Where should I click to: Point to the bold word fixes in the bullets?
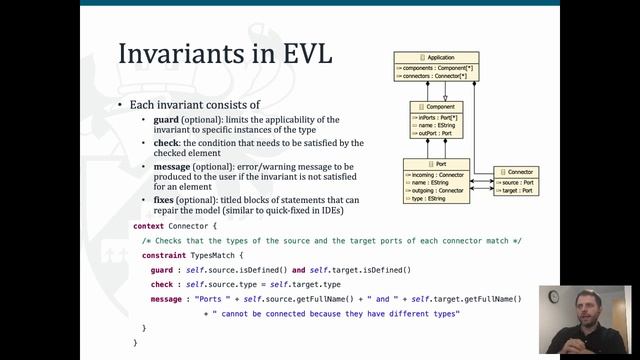(x=163, y=201)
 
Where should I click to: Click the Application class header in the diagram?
(x=436, y=58)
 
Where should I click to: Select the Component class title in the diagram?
(x=436, y=105)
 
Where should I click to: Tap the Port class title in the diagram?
(x=436, y=163)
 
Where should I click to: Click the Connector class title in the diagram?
(x=516, y=172)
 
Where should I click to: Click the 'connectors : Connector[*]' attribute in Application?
(x=438, y=76)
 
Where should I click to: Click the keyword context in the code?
(x=149, y=226)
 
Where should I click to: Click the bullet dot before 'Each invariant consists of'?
(x=120, y=105)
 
